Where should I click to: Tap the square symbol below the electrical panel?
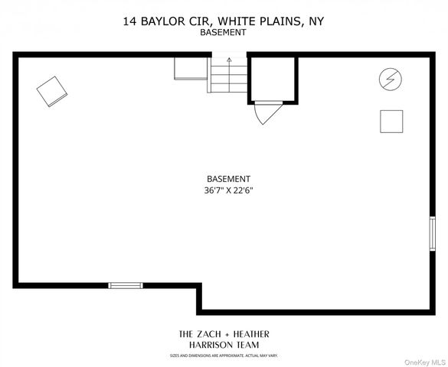(x=391, y=122)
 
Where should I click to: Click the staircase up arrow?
(x=228, y=61)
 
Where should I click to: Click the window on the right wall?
(x=432, y=233)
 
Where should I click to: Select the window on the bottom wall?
(x=126, y=285)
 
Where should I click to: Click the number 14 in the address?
(x=130, y=22)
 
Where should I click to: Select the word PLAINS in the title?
(x=279, y=22)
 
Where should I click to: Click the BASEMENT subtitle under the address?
(x=223, y=33)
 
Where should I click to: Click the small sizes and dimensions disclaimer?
(x=224, y=356)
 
